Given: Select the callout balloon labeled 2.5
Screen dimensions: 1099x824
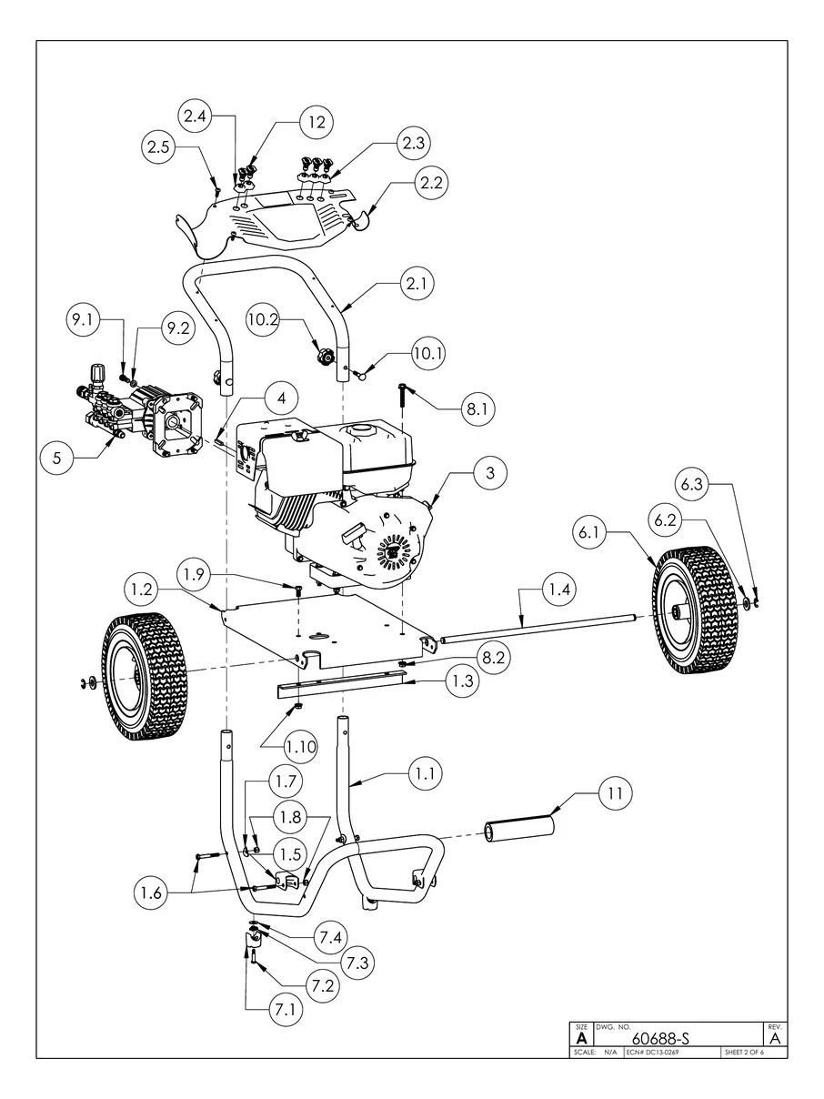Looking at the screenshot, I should [x=159, y=147].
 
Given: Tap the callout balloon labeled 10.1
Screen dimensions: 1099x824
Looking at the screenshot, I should [x=427, y=354].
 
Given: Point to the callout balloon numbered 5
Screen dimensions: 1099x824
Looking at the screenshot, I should [x=57, y=459].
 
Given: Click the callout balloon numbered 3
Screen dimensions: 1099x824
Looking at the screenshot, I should [x=490, y=472].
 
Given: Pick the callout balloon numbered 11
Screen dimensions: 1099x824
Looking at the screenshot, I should [x=616, y=794].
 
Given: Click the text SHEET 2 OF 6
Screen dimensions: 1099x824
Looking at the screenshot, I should [x=744, y=1053].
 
